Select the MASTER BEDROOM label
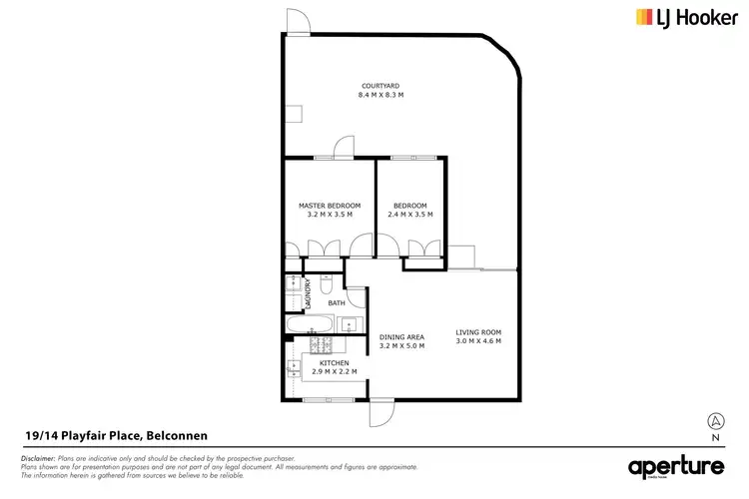coord(329,206)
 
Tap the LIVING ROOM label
coord(478,332)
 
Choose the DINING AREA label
coord(402,337)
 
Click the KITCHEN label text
coord(334,362)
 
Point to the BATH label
coord(337,303)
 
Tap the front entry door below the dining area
coord(381,412)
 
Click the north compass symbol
coord(715,421)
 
